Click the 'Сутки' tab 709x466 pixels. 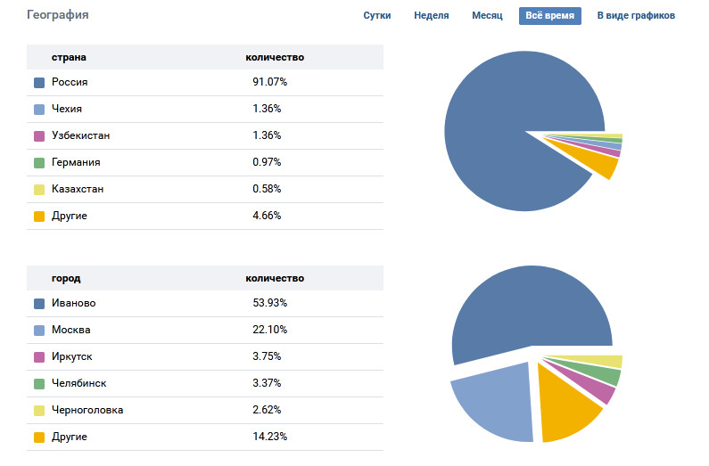pyautogui.click(x=377, y=16)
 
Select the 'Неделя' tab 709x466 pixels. pyautogui.click(x=432, y=16)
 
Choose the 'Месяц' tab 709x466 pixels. pyautogui.click(x=487, y=16)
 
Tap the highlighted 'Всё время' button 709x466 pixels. pyautogui.click(x=550, y=16)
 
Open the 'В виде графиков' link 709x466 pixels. pyautogui.click(x=636, y=16)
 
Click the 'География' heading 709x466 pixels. pyautogui.click(x=58, y=15)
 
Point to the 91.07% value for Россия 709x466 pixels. pyautogui.click(x=269, y=82)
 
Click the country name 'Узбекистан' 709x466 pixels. pyautogui.click(x=81, y=135)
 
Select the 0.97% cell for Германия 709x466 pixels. pyautogui.click(x=267, y=162)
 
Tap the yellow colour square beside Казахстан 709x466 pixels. pyautogui.click(x=39, y=190)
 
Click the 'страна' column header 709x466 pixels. pyautogui.click(x=69, y=57)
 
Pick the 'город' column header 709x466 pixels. pyautogui.click(x=66, y=278)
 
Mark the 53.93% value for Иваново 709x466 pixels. pyautogui.click(x=270, y=303)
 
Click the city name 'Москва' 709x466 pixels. pyautogui.click(x=71, y=330)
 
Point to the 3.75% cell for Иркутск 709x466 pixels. pyautogui.click(x=267, y=356)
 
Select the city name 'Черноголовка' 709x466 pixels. pyautogui.click(x=87, y=410)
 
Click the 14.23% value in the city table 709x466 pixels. pyautogui.click(x=270, y=437)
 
